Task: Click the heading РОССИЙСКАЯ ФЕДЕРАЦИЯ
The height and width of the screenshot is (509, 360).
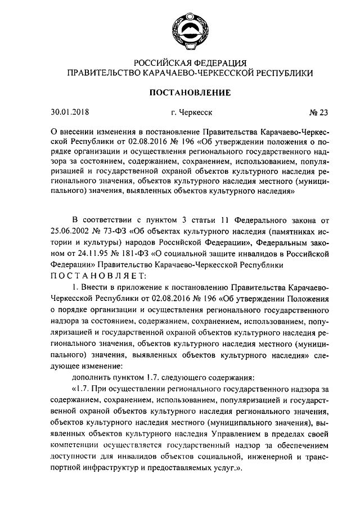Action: [x=188, y=62]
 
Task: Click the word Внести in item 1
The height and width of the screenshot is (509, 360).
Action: [x=98, y=289]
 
